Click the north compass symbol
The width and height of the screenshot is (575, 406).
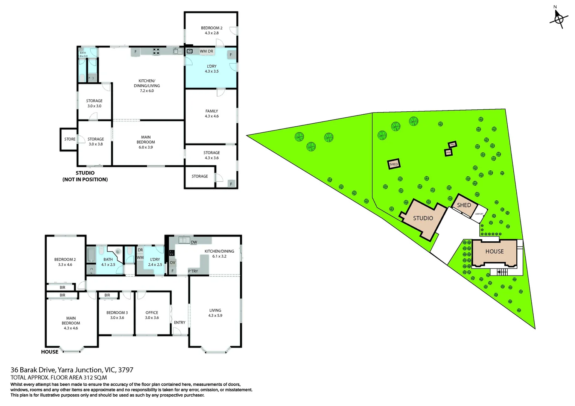point(558,18)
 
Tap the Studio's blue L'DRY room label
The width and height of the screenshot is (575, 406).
point(211,69)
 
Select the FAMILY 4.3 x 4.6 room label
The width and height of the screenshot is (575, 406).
point(211,114)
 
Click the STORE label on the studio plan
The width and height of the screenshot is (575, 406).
point(70,139)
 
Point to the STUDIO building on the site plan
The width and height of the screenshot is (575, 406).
point(423,218)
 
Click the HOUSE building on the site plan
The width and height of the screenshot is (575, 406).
point(494,251)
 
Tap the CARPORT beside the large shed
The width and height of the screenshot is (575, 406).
point(479,214)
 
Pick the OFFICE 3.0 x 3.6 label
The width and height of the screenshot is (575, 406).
point(152,315)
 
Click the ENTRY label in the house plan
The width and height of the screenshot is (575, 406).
point(179,323)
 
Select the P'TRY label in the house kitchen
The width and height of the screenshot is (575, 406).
point(193,271)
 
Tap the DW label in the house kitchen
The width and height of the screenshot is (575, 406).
point(194,242)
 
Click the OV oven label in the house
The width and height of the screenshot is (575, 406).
point(172,262)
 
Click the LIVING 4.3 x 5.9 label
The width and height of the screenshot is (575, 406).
point(215,313)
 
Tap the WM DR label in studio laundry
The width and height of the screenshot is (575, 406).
point(206,51)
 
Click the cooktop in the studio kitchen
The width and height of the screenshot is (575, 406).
point(156,51)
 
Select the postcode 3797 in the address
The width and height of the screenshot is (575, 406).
point(126,370)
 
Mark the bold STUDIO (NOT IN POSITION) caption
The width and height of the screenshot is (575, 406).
point(85,176)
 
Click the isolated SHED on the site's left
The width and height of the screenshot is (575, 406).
point(394,164)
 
